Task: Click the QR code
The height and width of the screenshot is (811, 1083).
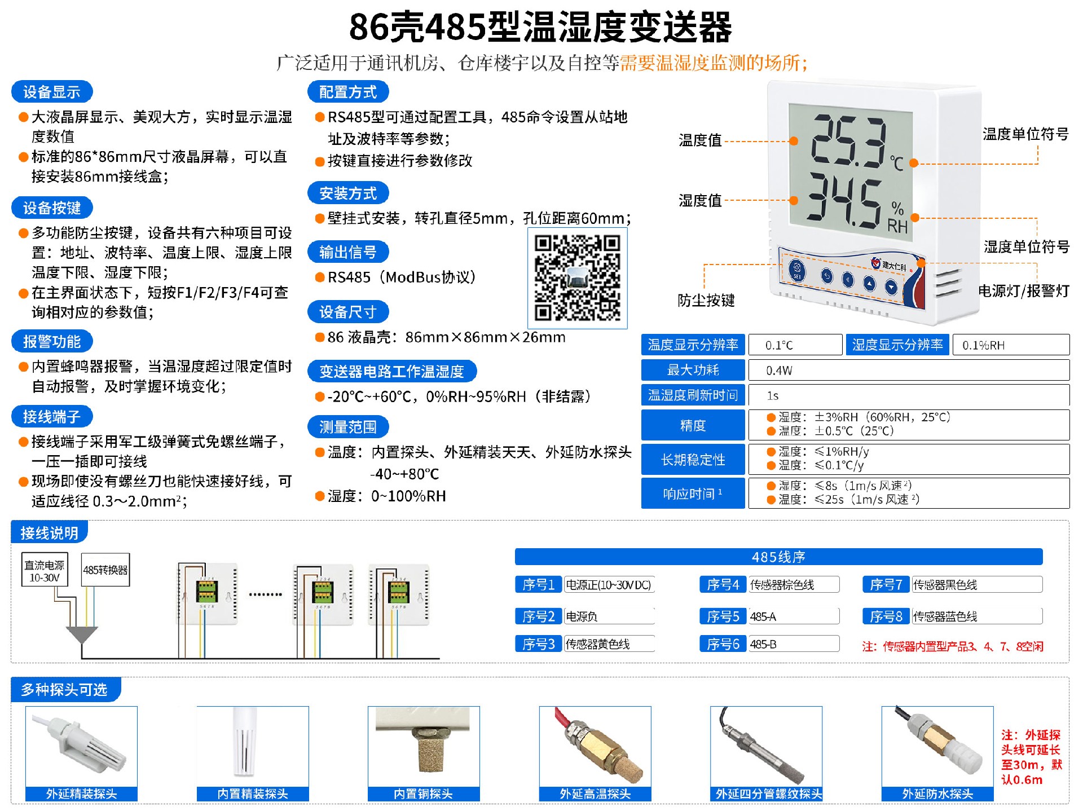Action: click(577, 278)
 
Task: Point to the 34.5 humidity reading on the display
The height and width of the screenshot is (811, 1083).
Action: click(844, 201)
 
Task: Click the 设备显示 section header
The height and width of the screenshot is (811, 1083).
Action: click(51, 92)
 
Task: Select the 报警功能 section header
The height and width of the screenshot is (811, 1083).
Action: click(51, 342)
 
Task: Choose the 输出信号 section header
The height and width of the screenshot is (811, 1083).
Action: click(347, 252)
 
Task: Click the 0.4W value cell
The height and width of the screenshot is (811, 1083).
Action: click(908, 371)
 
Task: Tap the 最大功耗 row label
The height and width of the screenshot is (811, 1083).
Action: click(693, 370)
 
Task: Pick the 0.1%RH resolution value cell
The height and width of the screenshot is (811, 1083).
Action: click(1011, 345)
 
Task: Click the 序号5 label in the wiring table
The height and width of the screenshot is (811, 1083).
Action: click(723, 616)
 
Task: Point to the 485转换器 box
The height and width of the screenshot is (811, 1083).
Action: click(105, 570)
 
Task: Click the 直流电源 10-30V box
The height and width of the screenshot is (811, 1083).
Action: click(45, 570)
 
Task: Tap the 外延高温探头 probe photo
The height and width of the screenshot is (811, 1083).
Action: click(595, 747)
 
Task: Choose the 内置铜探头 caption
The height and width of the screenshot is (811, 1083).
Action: click(424, 794)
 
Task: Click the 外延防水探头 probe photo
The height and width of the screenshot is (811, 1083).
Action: click(937, 747)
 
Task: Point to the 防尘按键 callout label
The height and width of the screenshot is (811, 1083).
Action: click(706, 300)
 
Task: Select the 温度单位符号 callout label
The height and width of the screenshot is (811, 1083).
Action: click(1025, 134)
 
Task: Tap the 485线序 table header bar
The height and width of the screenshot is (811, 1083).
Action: click(778, 557)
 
